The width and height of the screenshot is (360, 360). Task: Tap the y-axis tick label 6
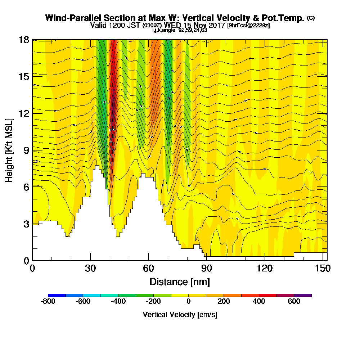26,187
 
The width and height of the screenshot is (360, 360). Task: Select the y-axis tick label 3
26,224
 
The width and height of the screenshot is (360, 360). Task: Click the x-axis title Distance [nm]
180,282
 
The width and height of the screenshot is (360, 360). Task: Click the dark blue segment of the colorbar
57,295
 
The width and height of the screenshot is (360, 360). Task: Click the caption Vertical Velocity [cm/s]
180,315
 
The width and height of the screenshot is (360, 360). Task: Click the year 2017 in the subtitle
216,26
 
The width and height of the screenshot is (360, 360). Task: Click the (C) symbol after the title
311,18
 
